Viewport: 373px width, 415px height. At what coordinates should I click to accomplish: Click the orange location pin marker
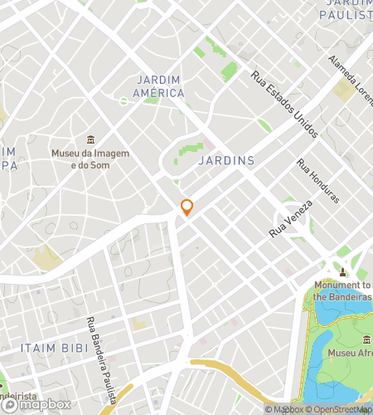(x=187, y=207)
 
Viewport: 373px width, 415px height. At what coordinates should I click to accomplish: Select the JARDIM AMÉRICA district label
(x=159, y=86)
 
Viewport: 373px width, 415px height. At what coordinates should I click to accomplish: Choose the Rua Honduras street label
(x=319, y=180)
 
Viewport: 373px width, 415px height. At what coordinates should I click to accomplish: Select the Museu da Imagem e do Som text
(x=91, y=159)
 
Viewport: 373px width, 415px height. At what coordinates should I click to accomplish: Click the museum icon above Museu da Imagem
(x=91, y=139)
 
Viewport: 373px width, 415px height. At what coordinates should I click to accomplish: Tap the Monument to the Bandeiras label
(x=343, y=290)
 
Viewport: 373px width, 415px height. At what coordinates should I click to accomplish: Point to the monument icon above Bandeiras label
(x=342, y=271)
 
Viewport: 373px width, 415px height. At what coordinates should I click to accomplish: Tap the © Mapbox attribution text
(x=283, y=408)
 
